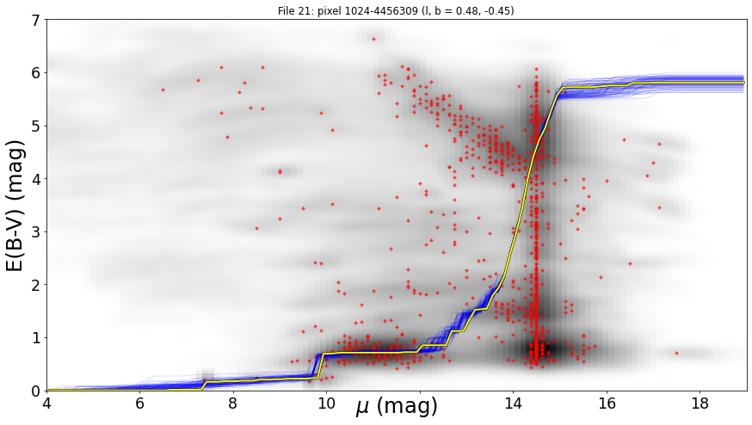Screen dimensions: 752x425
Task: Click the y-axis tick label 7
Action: point(37,20)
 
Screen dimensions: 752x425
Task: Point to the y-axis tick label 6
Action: point(37,73)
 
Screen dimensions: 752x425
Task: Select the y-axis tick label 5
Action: point(37,126)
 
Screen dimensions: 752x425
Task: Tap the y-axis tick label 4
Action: point(37,179)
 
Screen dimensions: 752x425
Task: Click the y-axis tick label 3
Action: point(37,232)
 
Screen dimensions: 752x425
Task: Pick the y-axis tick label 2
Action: point(37,285)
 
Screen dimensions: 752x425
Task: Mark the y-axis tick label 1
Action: point(37,338)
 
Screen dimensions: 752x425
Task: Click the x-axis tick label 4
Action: point(47,403)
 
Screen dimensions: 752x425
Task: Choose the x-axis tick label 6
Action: point(140,403)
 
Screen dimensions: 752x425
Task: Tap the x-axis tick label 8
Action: point(233,403)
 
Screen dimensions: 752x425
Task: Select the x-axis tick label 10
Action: point(327,403)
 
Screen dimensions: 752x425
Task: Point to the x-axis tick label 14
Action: point(513,403)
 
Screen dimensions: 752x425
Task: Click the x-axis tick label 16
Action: point(607,403)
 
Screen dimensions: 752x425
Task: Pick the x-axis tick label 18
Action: point(700,403)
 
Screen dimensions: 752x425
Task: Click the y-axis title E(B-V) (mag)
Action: point(15,206)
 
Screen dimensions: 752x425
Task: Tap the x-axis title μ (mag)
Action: point(397,407)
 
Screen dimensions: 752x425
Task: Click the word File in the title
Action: point(286,10)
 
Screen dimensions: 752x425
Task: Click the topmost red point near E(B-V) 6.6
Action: point(374,40)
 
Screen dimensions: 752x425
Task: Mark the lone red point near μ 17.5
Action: point(676,353)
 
